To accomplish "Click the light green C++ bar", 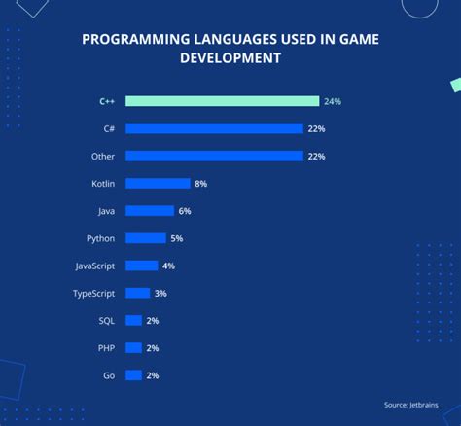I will pos(222,101).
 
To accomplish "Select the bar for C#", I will pos(214,128).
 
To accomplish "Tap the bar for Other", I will pos(214,156).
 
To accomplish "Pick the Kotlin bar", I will pos(158,183).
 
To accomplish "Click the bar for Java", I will pos(150,211).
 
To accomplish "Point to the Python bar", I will pos(146,238).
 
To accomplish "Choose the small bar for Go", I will pos(134,375).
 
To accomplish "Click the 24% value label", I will pos(333,101).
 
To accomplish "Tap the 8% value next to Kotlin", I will pos(200,183).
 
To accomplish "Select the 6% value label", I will pos(185,211).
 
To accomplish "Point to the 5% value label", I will pos(177,238).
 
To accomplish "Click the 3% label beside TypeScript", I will pos(160,293).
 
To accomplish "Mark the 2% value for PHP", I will pos(153,348).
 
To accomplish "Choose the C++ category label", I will pos(108,101).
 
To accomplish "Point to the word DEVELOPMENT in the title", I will pos(230,58).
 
